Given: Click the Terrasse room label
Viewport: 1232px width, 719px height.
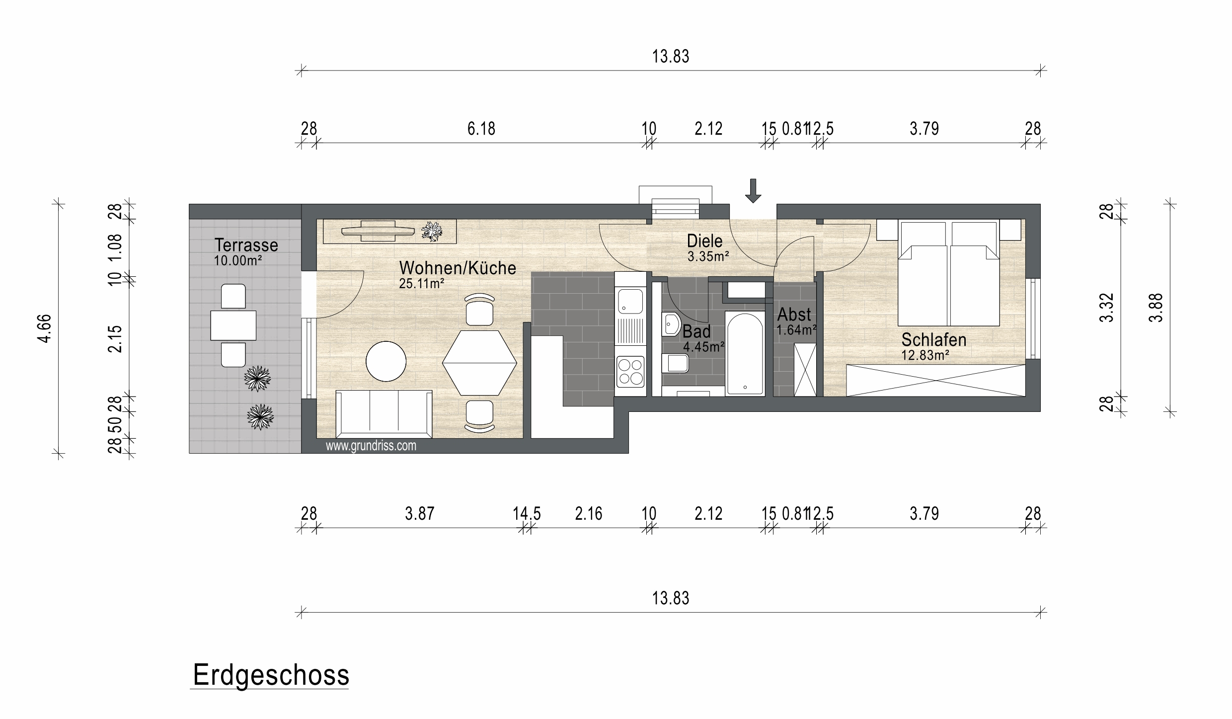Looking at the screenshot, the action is click(x=246, y=245).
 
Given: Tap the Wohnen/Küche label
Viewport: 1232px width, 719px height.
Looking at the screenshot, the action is click(x=458, y=268).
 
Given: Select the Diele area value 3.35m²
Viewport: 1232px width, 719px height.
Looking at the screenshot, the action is click(x=708, y=256).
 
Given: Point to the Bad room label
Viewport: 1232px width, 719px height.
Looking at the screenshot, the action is click(x=696, y=331).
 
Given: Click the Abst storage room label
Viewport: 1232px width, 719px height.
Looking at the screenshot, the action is click(x=794, y=314).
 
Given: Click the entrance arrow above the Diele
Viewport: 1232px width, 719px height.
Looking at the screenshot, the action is click(x=753, y=191).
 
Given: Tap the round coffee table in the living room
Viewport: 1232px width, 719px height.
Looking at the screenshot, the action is click(x=386, y=361).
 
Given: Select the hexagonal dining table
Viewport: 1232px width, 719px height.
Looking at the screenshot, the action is click(x=479, y=362).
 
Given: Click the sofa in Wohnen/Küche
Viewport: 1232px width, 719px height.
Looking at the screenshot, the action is click(x=384, y=414).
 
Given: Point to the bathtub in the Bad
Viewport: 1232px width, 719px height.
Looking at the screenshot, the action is click(x=744, y=353).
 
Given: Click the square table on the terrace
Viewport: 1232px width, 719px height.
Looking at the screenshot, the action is click(x=233, y=325).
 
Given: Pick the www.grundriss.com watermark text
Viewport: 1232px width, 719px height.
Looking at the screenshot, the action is click(x=371, y=446).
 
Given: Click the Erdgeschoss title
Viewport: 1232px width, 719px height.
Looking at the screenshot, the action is click(x=271, y=675).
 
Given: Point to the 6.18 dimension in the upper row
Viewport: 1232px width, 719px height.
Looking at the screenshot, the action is click(x=481, y=129).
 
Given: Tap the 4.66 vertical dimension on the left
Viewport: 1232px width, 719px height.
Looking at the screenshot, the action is click(x=45, y=328).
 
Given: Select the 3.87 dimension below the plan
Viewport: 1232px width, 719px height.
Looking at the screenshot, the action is click(x=419, y=513).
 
